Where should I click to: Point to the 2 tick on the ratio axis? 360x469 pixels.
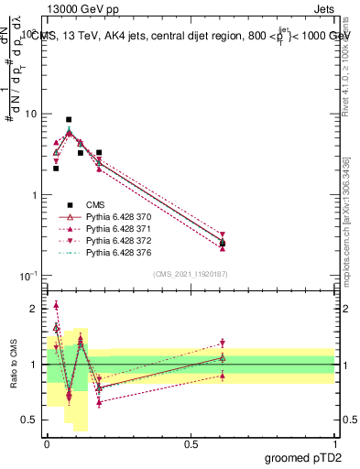(x=36, y=309)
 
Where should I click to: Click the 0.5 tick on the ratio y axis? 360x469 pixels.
(x=33, y=420)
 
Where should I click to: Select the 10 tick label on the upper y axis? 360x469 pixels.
(x=30, y=115)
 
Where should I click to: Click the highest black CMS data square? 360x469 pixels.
(x=69, y=119)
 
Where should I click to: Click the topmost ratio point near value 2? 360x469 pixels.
(x=56, y=305)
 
